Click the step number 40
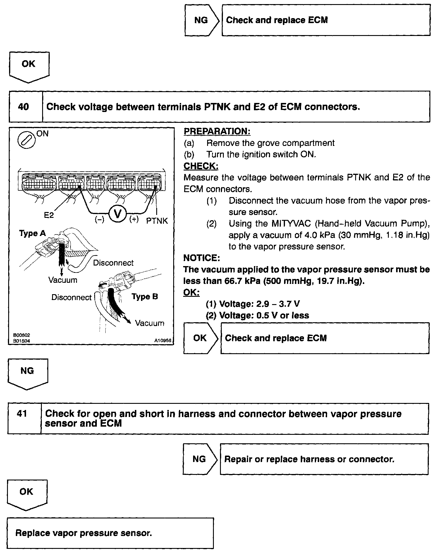click(x=23, y=107)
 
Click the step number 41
click(x=22, y=414)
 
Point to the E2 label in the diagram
click(x=49, y=215)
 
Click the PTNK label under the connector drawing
click(x=157, y=221)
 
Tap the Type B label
click(x=145, y=297)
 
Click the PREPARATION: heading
click(x=217, y=132)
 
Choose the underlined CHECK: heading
click(x=201, y=166)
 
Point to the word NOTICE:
click(x=202, y=258)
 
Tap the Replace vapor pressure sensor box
click(x=110, y=533)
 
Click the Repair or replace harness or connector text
click(x=309, y=459)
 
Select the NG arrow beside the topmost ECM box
click(x=201, y=20)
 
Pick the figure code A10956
click(x=163, y=341)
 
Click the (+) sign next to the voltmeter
click(x=134, y=219)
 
